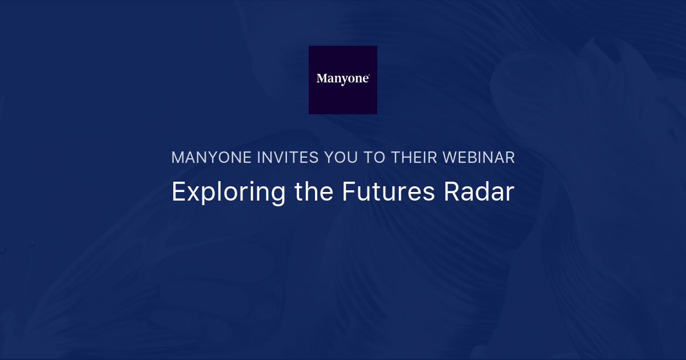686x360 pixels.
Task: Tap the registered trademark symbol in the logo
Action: coord(369,75)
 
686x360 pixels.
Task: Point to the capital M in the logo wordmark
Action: coord(322,79)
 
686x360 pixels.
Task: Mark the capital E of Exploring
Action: coord(178,192)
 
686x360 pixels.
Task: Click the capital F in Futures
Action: coord(348,192)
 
